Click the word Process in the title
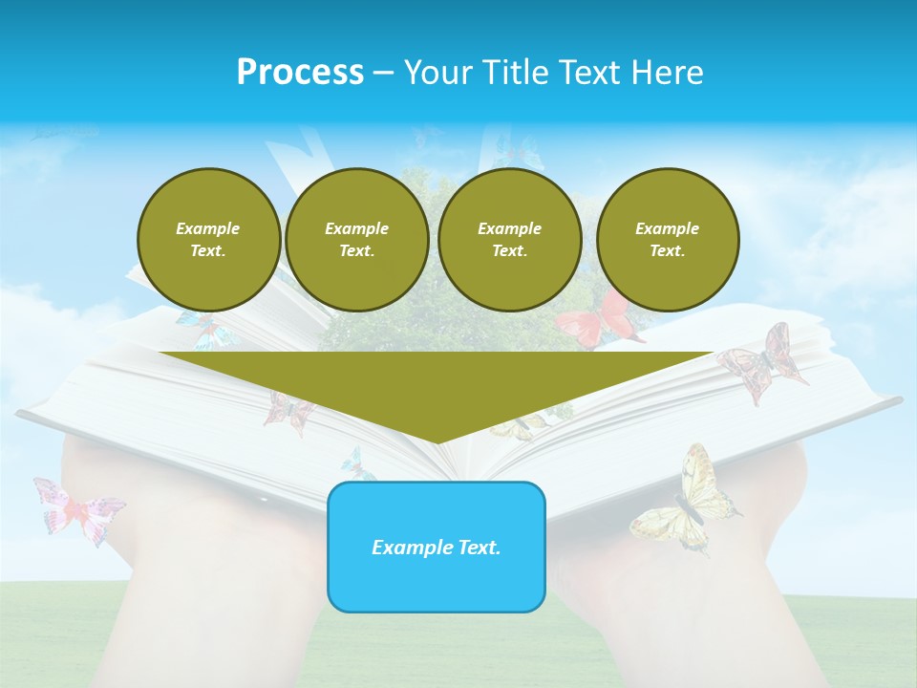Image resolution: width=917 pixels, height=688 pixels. (x=300, y=73)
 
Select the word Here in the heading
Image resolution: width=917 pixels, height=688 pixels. (x=665, y=73)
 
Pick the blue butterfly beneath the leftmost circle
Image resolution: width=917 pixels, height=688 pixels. (x=206, y=330)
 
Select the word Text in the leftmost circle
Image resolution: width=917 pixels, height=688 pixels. (x=207, y=251)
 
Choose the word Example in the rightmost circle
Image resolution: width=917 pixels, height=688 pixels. (x=667, y=228)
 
